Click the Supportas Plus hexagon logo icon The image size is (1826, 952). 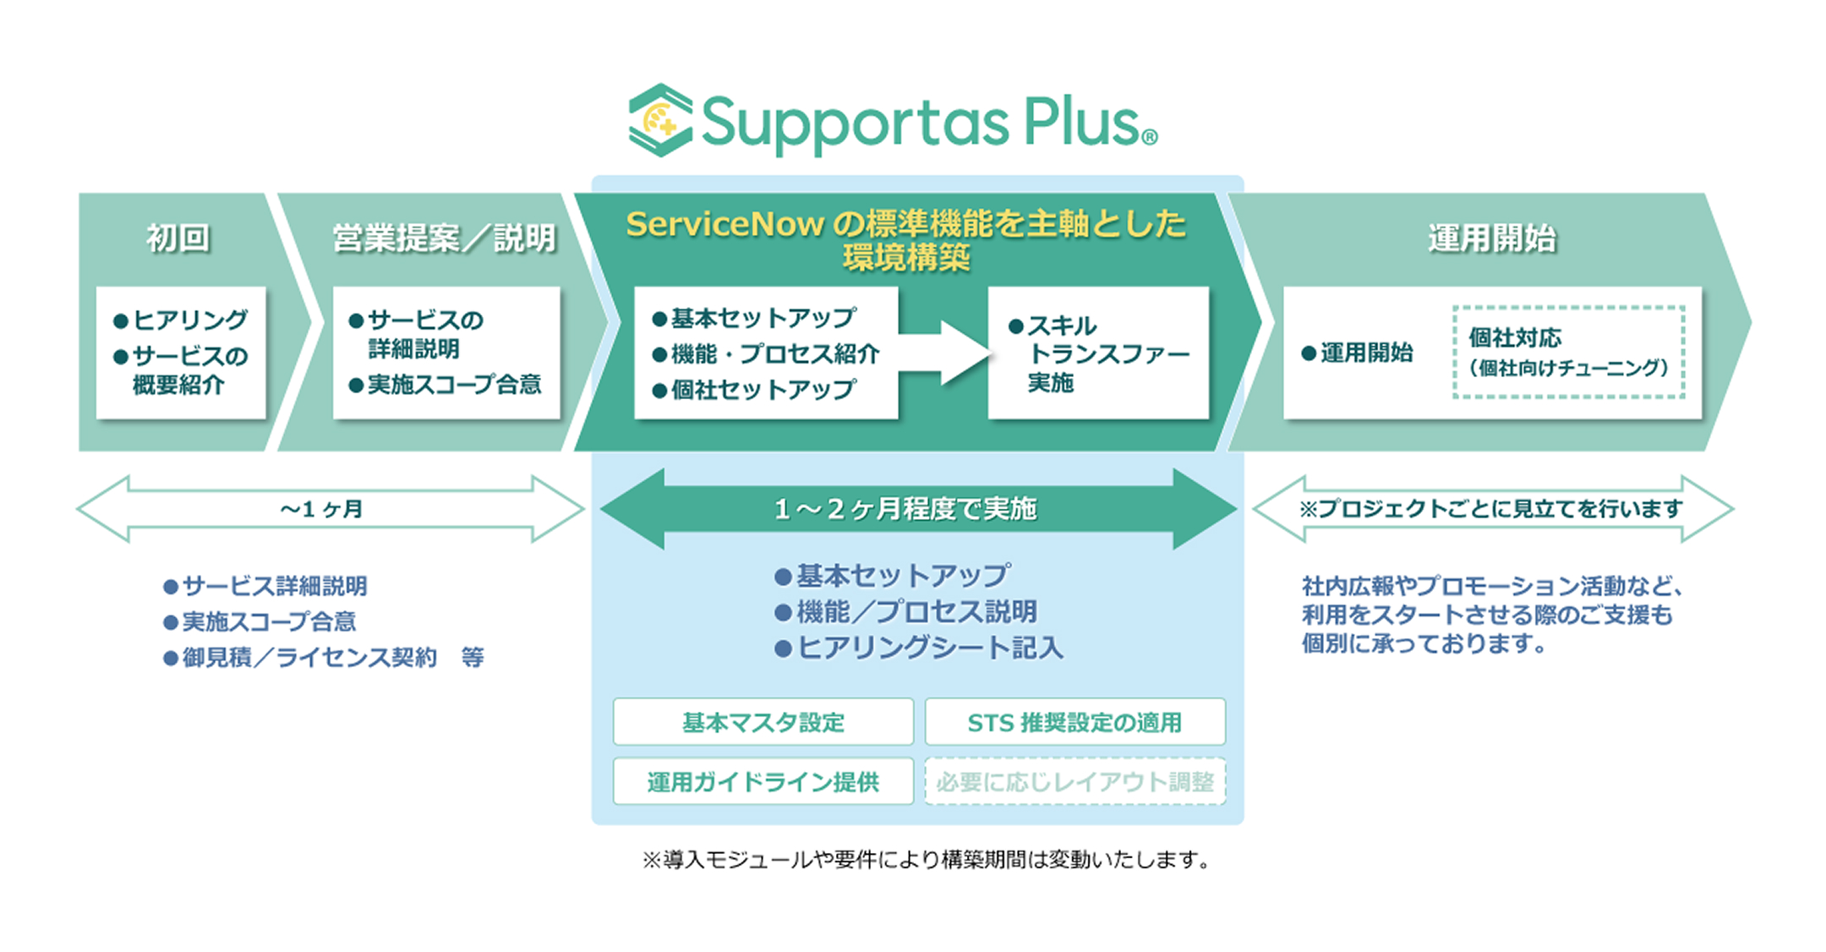point(660,120)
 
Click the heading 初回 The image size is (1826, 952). point(178,238)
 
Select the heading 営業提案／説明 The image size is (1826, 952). point(444,238)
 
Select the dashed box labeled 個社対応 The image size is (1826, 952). point(1568,352)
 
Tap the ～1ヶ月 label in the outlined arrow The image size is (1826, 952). point(322,509)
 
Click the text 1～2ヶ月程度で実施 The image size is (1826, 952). point(905,509)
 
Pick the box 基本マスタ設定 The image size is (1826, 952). point(763,722)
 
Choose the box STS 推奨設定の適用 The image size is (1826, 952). point(1074,722)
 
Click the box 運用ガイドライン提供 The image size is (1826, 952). point(763,781)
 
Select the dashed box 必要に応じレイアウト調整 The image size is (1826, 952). point(1074,781)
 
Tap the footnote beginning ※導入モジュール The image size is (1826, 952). point(927,860)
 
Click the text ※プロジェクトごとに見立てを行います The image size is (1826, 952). point(1491,509)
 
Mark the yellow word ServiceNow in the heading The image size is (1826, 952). point(724,224)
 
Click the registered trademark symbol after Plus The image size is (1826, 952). point(1149,137)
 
